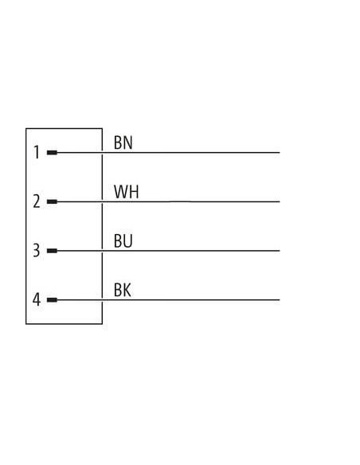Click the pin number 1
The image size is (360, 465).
[x=37, y=152]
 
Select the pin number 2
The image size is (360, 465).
[x=37, y=201]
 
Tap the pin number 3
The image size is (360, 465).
[x=36, y=251]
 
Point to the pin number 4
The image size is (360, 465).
[x=37, y=299]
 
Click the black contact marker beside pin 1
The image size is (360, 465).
[x=52, y=153]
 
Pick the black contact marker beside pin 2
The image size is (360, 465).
[x=52, y=201]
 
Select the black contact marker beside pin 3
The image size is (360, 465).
[x=52, y=251]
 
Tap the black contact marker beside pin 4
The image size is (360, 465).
[x=52, y=300]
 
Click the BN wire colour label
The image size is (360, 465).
[x=123, y=143]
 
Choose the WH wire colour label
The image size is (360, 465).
[x=127, y=192]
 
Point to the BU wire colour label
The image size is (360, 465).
[x=123, y=240]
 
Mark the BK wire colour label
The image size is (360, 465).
[x=122, y=290]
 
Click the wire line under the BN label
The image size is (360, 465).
[x=168, y=153]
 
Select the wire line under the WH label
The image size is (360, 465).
[x=168, y=201]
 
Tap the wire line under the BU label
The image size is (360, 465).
[x=168, y=251]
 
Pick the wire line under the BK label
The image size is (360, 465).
[x=168, y=300]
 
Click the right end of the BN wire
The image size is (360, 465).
[x=280, y=153]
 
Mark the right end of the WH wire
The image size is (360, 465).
[x=280, y=201]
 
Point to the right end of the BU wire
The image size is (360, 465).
[x=280, y=251]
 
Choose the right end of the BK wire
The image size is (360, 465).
[x=280, y=300]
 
